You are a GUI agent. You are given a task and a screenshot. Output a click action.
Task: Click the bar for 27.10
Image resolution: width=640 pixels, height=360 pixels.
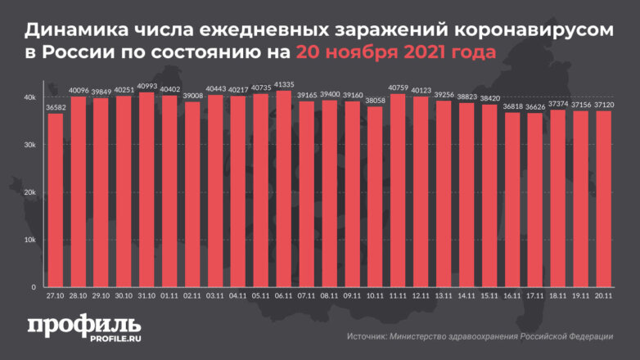[56, 200]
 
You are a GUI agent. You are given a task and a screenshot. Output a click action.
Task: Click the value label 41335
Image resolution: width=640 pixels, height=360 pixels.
[283, 84]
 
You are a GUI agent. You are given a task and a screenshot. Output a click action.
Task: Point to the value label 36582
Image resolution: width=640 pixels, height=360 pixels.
[56, 106]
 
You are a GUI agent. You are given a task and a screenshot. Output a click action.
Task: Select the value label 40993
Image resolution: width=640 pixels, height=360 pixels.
[146, 86]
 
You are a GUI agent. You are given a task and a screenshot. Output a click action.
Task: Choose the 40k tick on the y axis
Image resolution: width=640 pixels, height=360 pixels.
[29, 97]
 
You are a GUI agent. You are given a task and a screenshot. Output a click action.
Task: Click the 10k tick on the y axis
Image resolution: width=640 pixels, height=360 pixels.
[29, 240]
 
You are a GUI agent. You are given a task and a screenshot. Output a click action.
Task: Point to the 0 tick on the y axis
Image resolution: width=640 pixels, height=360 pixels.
[34, 287]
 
